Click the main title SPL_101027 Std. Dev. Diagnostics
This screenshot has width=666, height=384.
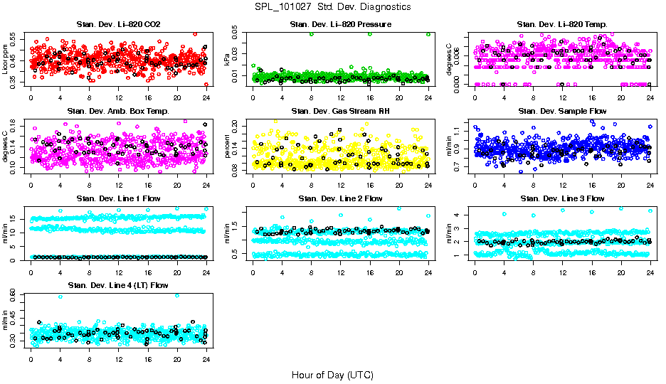tap(332, 6)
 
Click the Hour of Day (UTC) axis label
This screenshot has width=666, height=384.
tap(332, 374)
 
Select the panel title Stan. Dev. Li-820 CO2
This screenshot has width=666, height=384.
tap(117, 25)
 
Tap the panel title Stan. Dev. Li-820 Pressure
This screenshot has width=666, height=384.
tap(340, 25)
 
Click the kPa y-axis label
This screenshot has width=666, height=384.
tap(228, 60)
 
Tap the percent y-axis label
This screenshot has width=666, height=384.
tap(228, 146)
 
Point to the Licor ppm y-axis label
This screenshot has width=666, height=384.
tap(6, 60)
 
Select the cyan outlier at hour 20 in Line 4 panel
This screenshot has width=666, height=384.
tap(177, 295)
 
